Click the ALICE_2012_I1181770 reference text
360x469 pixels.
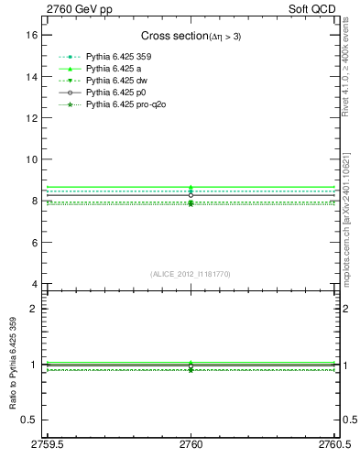191,274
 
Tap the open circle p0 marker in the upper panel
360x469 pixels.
191,195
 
